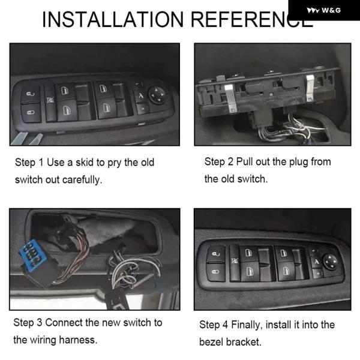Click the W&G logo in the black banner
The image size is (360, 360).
click(x=324, y=10)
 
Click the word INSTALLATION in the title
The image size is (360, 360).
click(x=113, y=19)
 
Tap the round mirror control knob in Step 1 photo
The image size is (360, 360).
click(x=157, y=95)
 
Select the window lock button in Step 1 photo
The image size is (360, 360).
click(x=50, y=101)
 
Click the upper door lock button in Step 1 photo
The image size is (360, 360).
click(x=30, y=94)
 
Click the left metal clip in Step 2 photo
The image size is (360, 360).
click(x=231, y=99)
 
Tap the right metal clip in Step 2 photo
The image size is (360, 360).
click(x=311, y=88)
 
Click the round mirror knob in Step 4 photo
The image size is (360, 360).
click(x=331, y=262)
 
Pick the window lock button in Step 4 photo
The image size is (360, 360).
click(x=235, y=262)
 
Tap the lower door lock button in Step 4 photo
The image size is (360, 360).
click(x=216, y=272)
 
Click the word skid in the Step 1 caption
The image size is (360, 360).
click(x=85, y=163)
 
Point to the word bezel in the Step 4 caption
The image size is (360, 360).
click(x=211, y=342)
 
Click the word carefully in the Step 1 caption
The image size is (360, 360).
click(x=82, y=180)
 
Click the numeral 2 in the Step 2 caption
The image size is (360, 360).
click(x=230, y=161)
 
